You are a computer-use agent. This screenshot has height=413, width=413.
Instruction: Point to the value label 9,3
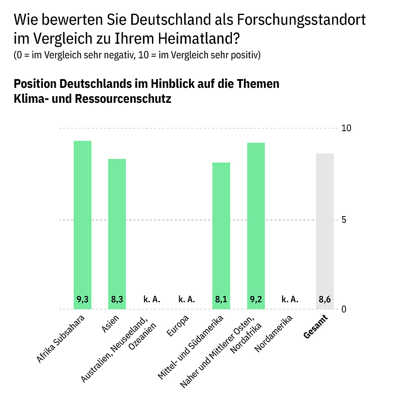(82, 299)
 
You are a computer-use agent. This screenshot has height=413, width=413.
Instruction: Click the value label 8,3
(117, 299)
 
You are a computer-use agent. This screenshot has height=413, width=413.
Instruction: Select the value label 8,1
(221, 299)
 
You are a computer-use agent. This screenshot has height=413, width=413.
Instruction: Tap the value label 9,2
(256, 299)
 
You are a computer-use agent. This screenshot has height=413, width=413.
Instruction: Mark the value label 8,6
(325, 299)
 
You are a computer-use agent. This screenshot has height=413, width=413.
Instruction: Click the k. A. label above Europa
(187, 299)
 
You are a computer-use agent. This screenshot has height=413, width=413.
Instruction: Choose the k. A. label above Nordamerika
(290, 299)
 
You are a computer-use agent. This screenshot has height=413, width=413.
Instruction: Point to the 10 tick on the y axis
(346, 128)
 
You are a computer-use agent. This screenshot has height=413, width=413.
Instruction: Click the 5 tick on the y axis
(344, 220)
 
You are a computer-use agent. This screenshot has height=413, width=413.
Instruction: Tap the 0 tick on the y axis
(344, 309)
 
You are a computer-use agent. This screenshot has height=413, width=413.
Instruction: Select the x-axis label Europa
(178, 324)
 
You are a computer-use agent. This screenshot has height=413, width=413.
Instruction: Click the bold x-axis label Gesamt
(316, 327)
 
